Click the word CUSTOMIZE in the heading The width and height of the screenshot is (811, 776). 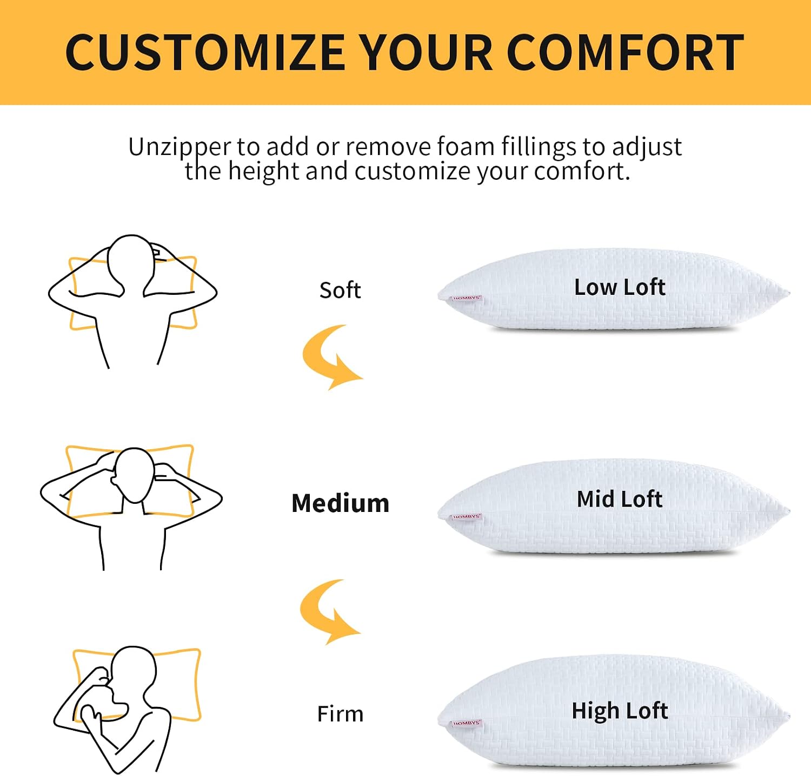tap(205, 52)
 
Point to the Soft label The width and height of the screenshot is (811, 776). tap(340, 291)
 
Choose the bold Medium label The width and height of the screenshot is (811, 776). tap(340, 503)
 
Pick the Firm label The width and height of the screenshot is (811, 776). tap(340, 714)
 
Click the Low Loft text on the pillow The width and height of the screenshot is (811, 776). tap(620, 287)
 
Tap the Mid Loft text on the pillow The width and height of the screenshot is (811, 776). tap(620, 499)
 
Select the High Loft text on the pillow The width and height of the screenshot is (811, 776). tap(620, 711)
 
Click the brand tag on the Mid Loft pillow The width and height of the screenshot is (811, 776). tap(466, 517)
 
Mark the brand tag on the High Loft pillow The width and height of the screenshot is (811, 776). tap(466, 723)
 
